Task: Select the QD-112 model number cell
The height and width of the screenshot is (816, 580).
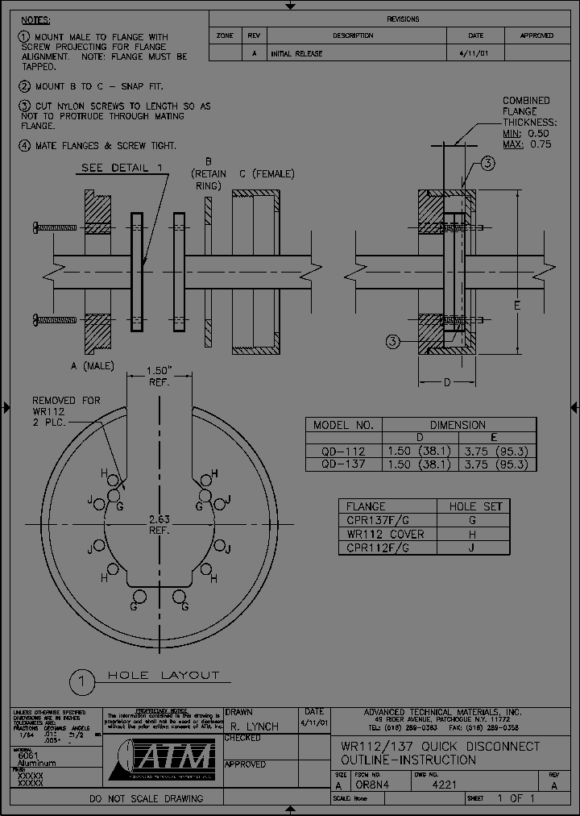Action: click(343, 452)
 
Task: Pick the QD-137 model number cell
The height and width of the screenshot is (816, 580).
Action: click(343, 464)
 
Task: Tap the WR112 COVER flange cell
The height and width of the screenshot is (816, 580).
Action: click(385, 534)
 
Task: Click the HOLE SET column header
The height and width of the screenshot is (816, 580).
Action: click(474, 506)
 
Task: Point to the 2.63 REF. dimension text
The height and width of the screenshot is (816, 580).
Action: click(158, 524)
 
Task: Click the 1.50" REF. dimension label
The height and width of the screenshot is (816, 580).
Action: click(158, 376)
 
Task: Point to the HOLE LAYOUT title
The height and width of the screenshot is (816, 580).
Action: click(164, 675)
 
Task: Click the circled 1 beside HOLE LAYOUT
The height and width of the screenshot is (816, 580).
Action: click(81, 682)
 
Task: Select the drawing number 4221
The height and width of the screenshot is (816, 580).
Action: click(445, 785)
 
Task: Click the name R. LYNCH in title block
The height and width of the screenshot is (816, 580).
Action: click(254, 726)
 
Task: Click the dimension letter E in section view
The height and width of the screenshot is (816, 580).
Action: click(517, 306)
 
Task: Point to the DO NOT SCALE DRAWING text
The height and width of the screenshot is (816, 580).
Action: click(146, 798)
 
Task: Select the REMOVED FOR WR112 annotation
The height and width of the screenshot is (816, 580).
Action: click(66, 411)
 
